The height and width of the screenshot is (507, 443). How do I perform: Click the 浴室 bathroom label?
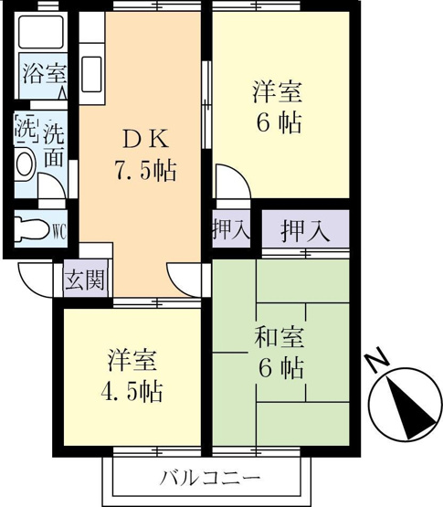click(45, 74)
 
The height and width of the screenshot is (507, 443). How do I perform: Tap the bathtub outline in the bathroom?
click(41, 32)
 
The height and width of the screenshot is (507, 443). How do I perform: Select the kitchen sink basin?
click(92, 74)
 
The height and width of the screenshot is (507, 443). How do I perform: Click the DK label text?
click(146, 139)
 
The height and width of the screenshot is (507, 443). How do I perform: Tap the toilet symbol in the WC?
click(32, 229)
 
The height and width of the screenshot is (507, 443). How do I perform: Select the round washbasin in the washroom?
click(26, 164)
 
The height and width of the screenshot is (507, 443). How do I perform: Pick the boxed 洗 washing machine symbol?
click(26, 131)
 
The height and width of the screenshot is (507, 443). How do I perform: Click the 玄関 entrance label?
click(85, 280)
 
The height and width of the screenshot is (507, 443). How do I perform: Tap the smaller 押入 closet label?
click(231, 229)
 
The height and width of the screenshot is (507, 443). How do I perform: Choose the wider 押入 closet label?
click(306, 231)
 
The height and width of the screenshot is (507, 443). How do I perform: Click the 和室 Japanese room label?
click(280, 338)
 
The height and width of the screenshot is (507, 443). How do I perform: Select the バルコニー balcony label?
click(210, 477)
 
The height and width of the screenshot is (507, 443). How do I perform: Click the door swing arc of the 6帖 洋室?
click(238, 174)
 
